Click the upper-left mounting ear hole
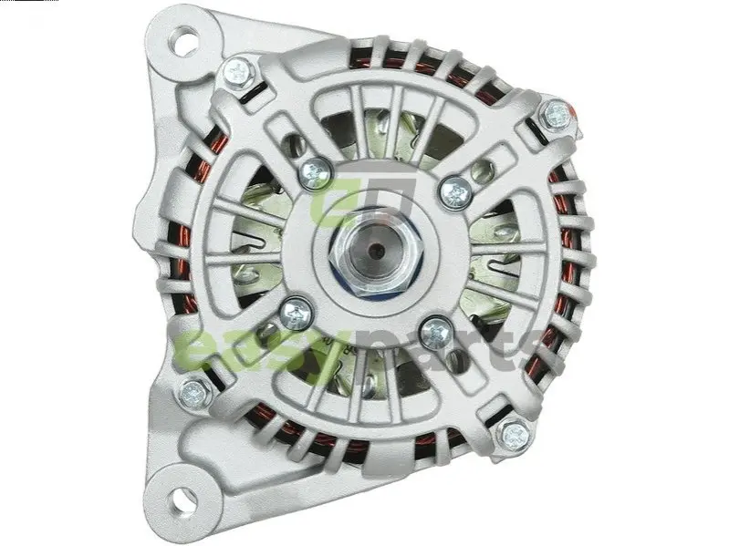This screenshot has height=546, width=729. point(184,38)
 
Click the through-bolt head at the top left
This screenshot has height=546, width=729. point(239,73)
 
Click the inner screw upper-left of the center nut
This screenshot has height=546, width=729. point(315,173)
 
